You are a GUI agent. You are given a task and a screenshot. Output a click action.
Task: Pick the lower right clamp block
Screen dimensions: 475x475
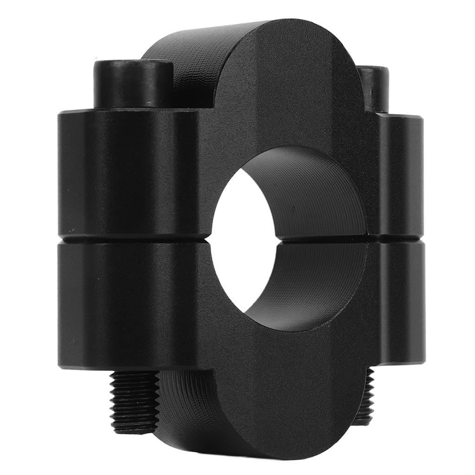tap(399, 302)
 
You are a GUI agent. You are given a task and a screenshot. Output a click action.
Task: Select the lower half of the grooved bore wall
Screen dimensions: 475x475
tap(315, 283)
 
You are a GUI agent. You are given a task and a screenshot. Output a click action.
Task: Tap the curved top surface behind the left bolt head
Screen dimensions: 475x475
tap(186, 60)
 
